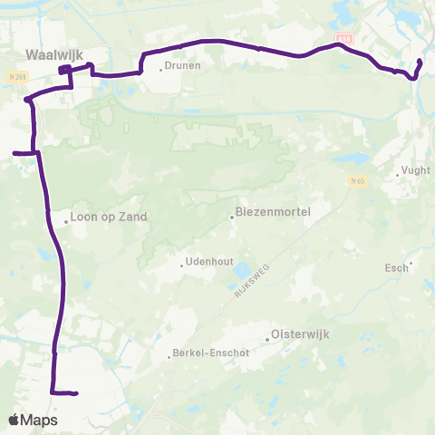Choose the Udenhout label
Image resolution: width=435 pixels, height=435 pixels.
point(209,263)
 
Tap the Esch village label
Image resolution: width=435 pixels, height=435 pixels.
point(396,268)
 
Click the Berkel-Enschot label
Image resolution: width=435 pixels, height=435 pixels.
point(207,355)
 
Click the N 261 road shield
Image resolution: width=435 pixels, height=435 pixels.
point(16,78)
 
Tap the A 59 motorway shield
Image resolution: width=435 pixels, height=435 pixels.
point(344,38)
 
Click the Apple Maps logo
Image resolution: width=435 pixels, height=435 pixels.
point(33,420)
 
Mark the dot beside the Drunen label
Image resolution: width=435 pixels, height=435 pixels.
point(161,68)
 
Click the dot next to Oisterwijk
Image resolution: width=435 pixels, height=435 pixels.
point(267,340)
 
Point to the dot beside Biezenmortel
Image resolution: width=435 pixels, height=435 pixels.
point(232,216)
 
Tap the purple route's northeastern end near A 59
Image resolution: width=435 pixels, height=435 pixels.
point(420,62)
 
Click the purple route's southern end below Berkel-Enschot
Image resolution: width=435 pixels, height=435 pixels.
point(76,393)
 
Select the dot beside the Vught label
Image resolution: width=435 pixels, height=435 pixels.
point(398,170)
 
